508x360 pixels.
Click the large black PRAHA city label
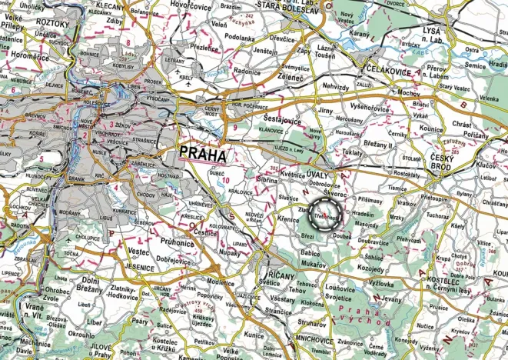pyautogui.click(x=203, y=154)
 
